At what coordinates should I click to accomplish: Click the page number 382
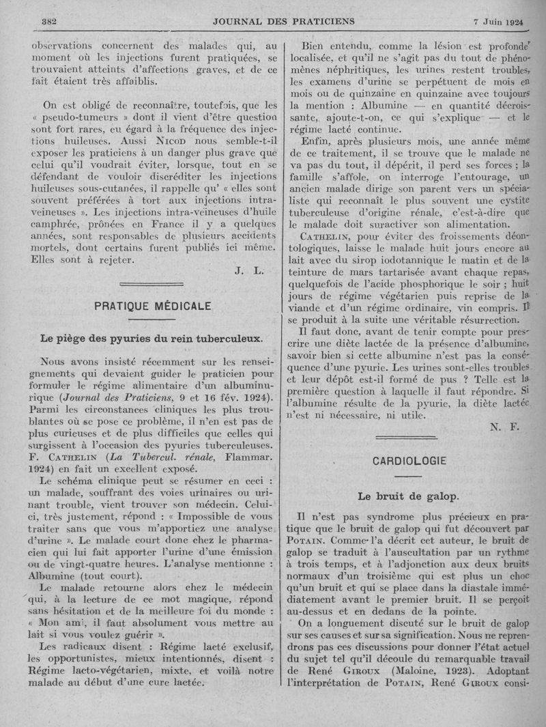tap(47, 20)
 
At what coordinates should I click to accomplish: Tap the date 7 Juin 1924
tap(500, 20)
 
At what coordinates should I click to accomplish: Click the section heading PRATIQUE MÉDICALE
tap(143, 307)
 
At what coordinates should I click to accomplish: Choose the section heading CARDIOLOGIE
tap(409, 461)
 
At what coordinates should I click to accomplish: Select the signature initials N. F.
tap(504, 427)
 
